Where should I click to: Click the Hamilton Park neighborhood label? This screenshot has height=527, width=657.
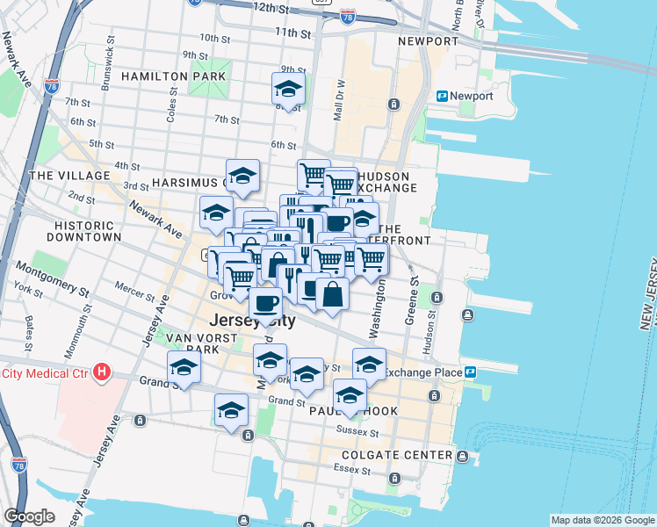(174, 76)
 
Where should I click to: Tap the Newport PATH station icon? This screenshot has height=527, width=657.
(443, 96)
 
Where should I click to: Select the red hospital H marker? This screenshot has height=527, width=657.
(102, 372)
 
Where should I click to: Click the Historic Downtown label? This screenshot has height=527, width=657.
(84, 231)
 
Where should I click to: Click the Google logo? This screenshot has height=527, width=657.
(29, 516)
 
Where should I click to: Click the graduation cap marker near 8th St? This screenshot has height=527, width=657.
(287, 90)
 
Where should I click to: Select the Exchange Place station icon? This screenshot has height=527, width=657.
(470, 372)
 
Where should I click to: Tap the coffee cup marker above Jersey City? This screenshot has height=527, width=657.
(265, 303)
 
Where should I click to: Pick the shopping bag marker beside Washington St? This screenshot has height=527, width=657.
(332, 295)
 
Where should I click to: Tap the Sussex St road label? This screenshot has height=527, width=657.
(361, 432)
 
